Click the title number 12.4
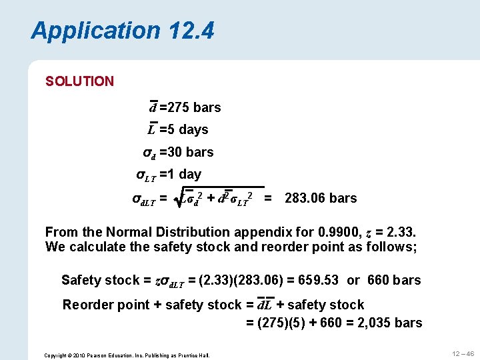coord(191,31)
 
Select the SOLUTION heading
coord(79,81)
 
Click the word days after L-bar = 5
coord(193,129)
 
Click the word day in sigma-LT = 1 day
coord(190,174)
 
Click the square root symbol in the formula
coord(177,198)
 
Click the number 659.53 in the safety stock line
coord(317,280)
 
